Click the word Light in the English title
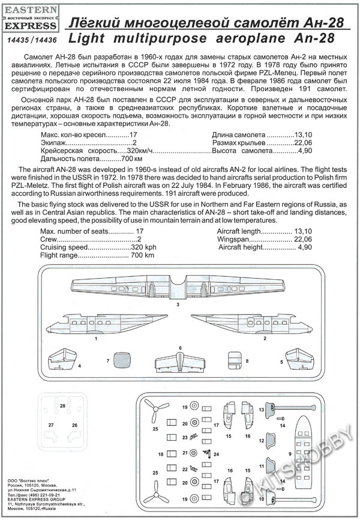coord(89,39)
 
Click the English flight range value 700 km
coord(143,255)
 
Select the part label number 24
coord(215,453)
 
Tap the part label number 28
coord(62,407)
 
